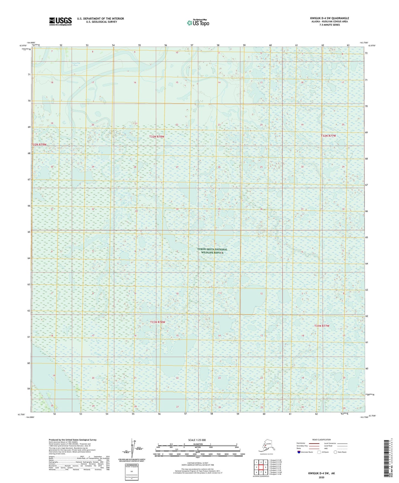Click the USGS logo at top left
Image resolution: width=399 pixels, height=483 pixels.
(x=60, y=21)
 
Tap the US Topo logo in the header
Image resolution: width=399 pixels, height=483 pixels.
(x=198, y=23)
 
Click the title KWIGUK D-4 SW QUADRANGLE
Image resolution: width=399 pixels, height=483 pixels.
(x=329, y=18)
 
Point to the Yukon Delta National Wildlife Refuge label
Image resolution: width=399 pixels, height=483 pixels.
(x=212, y=251)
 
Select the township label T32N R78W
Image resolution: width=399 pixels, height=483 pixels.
(x=157, y=137)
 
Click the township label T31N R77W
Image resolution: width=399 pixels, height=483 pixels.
(x=322, y=326)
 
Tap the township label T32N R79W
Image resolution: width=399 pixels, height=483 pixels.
(x=39, y=145)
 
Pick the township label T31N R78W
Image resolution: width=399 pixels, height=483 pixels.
(x=158, y=322)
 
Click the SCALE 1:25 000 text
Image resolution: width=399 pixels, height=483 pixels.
(x=197, y=440)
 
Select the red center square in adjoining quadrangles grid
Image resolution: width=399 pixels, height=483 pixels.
(x=261, y=467)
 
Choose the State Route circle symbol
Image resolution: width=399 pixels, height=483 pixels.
(x=335, y=452)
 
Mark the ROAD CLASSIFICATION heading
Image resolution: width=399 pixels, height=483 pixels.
(x=321, y=440)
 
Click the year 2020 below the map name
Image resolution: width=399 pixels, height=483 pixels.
(x=321, y=477)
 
